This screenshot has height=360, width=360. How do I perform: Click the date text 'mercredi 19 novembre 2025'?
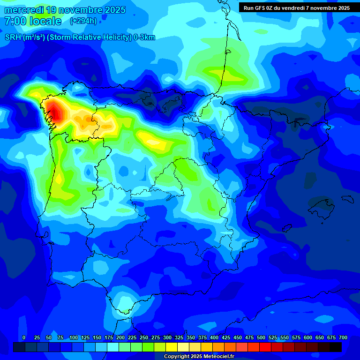tap(65, 10)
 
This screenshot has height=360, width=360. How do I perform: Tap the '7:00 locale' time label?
tap(33, 21)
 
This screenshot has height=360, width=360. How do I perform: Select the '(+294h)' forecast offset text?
tap(83, 21)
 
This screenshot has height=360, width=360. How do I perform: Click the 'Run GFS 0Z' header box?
tap(296, 8)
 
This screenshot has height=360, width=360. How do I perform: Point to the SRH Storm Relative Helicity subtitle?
tap(80, 37)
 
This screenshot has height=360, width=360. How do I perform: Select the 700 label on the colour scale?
tap(343, 338)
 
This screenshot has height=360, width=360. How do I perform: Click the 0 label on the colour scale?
tap(24, 338)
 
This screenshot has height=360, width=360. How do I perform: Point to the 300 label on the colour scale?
tap(167, 338)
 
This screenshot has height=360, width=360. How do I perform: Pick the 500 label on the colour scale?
tap(261, 338)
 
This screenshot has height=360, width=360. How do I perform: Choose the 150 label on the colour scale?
tap(97, 338)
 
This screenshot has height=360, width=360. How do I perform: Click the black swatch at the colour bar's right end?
tap(336, 347)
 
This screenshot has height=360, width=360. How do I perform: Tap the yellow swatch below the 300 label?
tap(172, 347)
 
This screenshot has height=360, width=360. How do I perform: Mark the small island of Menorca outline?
tap(347, 199)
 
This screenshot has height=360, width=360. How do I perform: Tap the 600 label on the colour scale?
tap(308, 338)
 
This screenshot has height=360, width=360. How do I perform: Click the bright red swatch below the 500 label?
tap(265, 347)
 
